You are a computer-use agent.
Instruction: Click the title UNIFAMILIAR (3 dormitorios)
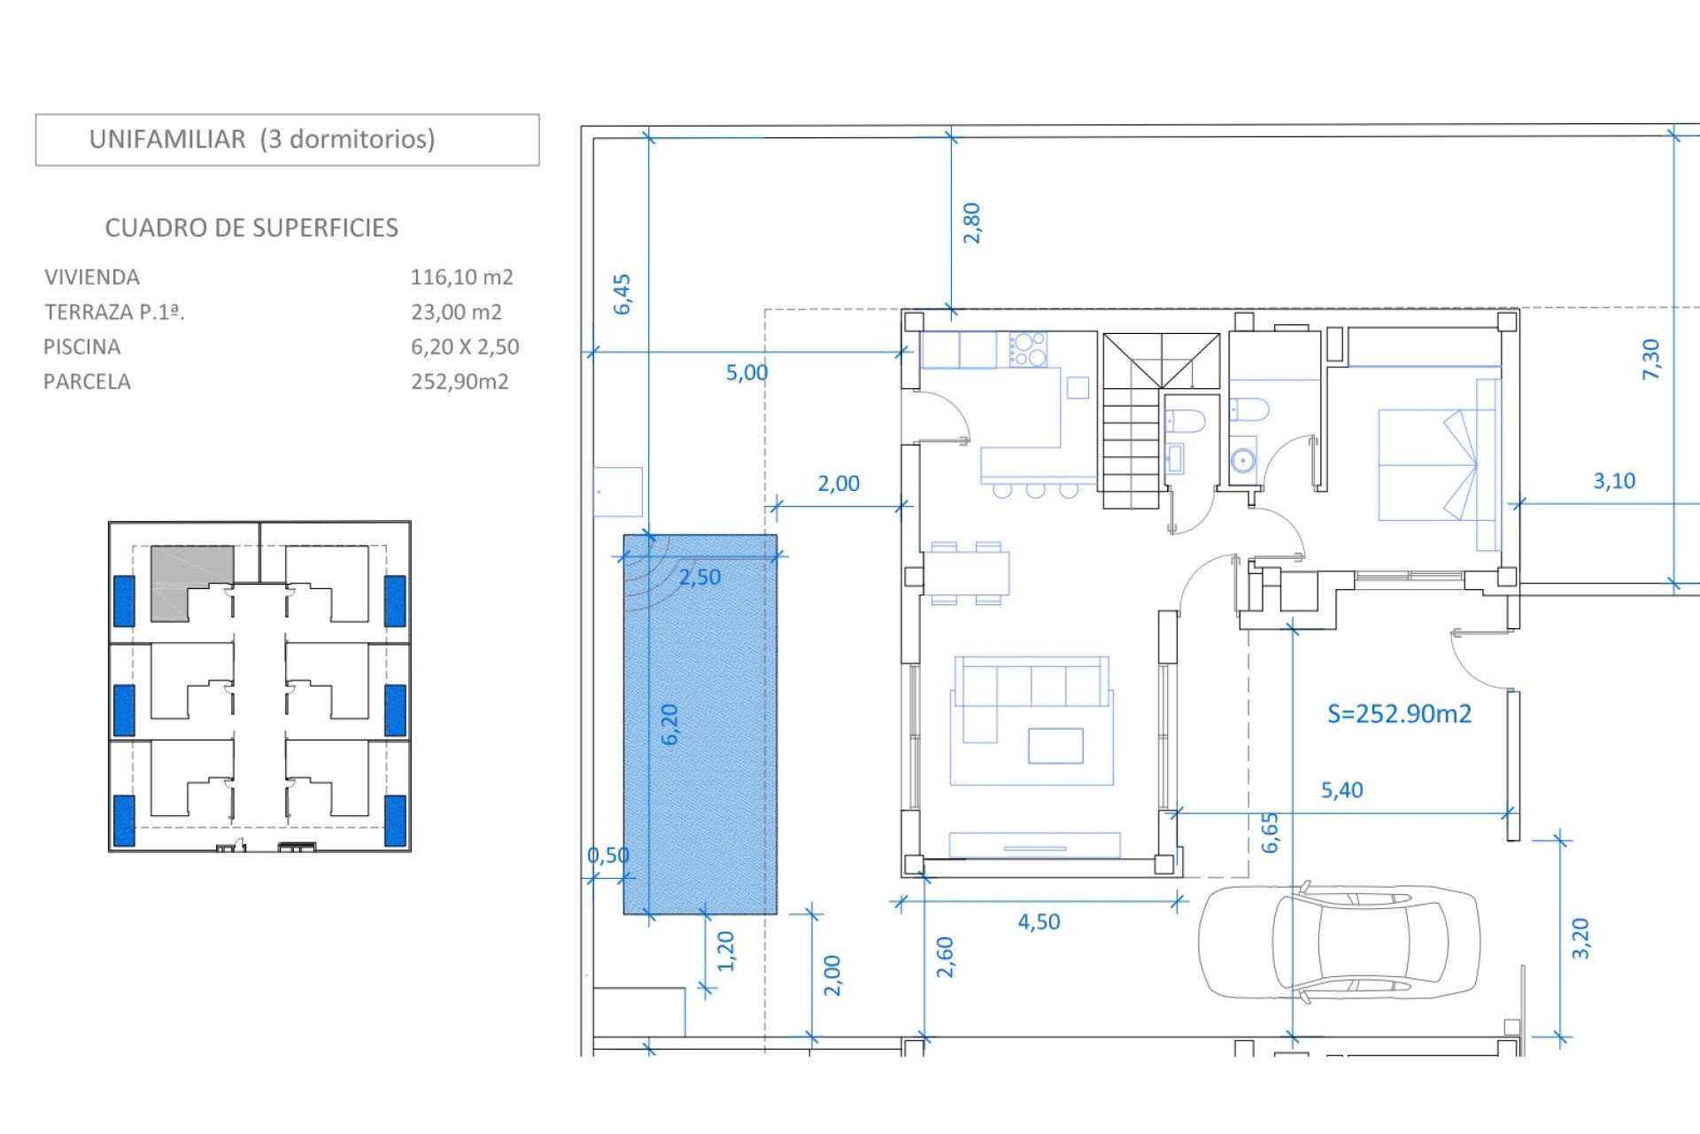262,139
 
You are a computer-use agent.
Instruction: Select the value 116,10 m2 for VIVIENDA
461,277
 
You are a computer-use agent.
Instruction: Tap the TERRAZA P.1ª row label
114,312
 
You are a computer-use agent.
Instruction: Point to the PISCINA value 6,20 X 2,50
465,346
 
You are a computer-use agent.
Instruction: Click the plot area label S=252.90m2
1399,713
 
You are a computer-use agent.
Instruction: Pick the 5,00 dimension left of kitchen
746,372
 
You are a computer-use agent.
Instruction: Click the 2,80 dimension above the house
972,223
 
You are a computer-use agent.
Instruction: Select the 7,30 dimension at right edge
1651,360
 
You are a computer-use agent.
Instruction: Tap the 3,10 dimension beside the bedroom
1614,481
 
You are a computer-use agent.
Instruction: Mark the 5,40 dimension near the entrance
1341,789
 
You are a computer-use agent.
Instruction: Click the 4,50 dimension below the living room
1039,921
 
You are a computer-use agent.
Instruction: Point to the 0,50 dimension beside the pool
608,855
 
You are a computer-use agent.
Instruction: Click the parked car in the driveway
1339,942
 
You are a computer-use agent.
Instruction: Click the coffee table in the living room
1055,746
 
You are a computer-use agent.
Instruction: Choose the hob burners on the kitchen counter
1028,349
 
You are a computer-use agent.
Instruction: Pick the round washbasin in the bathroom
1243,461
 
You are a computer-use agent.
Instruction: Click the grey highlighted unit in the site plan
192,582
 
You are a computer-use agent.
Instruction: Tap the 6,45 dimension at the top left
622,294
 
